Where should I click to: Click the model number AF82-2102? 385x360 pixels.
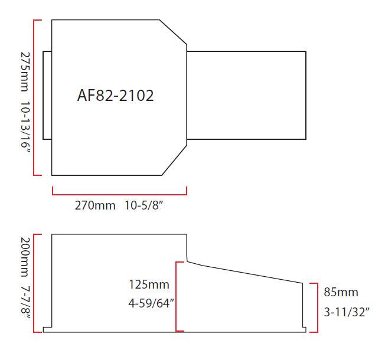[115, 96]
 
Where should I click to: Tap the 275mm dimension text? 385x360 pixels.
[25, 71]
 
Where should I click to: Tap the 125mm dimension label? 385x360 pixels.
[149, 284]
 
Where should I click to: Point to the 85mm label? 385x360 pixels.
[341, 292]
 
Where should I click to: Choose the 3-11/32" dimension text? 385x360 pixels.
[347, 311]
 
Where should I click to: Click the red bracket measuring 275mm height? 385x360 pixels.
[35, 97]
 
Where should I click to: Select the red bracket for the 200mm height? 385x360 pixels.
[35, 283]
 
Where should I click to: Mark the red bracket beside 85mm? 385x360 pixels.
[317, 307]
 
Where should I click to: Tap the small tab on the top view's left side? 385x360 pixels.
[47, 95]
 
